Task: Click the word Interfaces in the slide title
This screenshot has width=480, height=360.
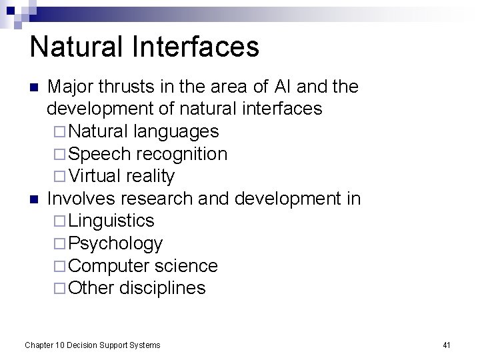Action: [201, 47]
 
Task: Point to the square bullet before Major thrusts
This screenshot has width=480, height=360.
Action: [35, 88]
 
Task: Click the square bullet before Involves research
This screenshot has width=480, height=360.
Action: [35, 200]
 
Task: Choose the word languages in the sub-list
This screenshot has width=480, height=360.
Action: [176, 131]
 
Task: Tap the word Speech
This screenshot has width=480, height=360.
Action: [99, 154]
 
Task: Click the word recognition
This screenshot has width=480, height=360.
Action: [181, 154]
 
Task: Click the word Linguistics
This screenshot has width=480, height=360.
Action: [111, 221]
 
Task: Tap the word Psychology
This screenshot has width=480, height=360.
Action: [115, 243]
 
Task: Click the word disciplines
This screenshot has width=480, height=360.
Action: [163, 288]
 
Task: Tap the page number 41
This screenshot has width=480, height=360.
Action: [447, 345]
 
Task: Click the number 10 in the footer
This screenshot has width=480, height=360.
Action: [58, 345]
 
